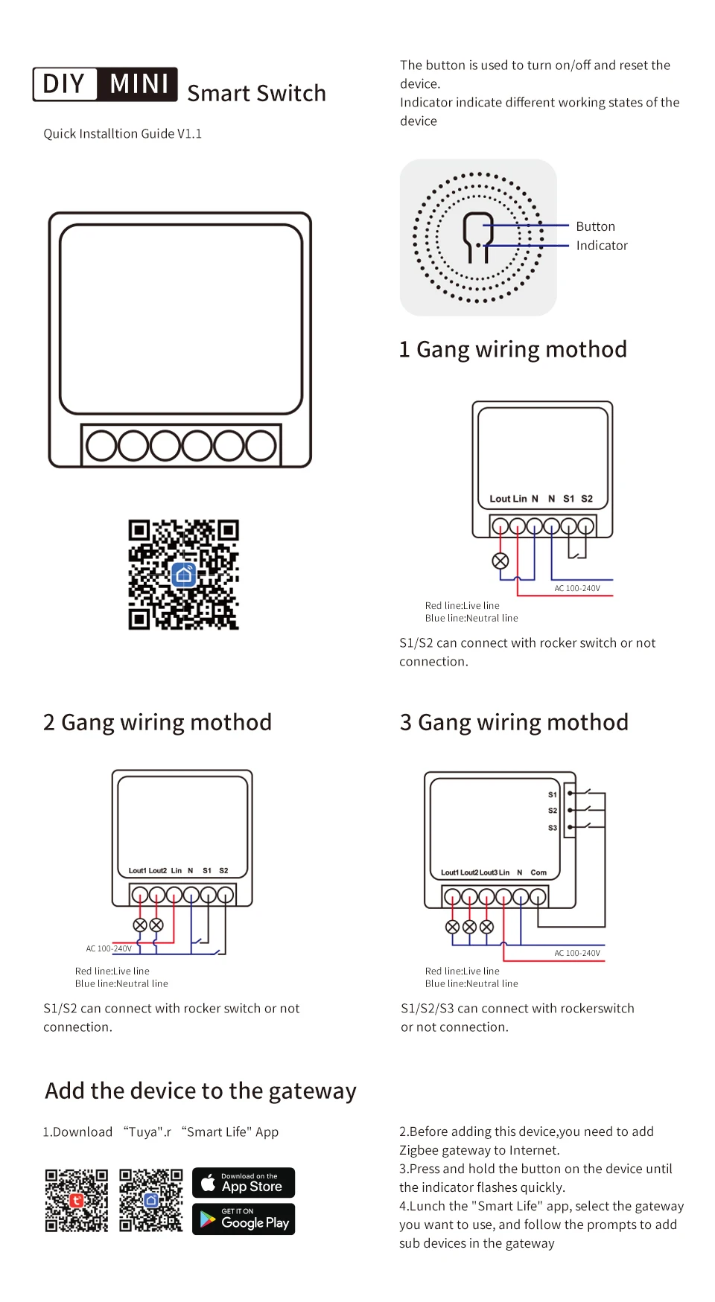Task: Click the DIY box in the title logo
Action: coord(64,84)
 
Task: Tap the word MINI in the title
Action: coord(139,84)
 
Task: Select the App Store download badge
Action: coord(244,1182)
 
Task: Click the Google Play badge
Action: coord(244,1219)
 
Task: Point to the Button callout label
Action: coord(595,226)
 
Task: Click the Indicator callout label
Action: coord(601,246)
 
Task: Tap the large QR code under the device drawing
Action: coord(183,575)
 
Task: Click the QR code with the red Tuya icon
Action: coord(76,1200)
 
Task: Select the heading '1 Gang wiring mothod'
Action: coord(512,349)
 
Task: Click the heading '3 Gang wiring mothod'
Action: coord(514,722)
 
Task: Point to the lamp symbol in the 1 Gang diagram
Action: coord(500,561)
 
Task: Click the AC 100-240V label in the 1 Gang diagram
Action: coord(576,588)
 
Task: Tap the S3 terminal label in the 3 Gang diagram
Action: coord(553,828)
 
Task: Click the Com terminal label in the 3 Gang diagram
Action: coord(538,872)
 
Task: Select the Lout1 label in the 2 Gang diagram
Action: coord(137,870)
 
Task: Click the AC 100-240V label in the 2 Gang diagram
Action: coord(109,948)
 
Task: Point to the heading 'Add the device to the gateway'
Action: coord(200,1091)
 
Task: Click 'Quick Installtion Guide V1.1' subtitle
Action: coord(122,134)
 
